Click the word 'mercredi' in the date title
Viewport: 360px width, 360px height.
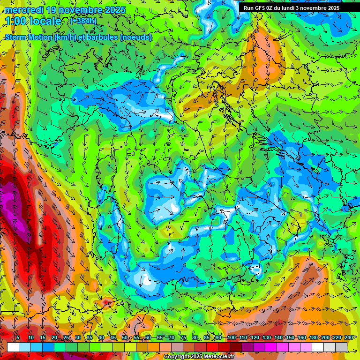pos(23,9)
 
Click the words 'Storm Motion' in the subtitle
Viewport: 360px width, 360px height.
pos(29,37)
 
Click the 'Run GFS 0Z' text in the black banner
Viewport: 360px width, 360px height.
pos(260,8)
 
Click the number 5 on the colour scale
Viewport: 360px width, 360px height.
pos(17,337)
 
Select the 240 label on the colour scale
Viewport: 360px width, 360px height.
pos(348,337)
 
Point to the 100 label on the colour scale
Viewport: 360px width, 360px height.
pos(232,337)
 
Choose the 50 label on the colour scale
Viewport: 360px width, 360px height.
pos(125,337)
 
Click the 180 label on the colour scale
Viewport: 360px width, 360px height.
pos(313,337)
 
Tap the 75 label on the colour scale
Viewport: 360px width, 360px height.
pos(183,337)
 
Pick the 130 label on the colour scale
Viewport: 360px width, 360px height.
pos(266,337)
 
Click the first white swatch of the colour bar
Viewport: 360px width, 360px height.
pos(13,347)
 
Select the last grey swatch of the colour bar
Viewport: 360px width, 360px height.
pos(341,347)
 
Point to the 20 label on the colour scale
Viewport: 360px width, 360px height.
pos(54,337)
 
